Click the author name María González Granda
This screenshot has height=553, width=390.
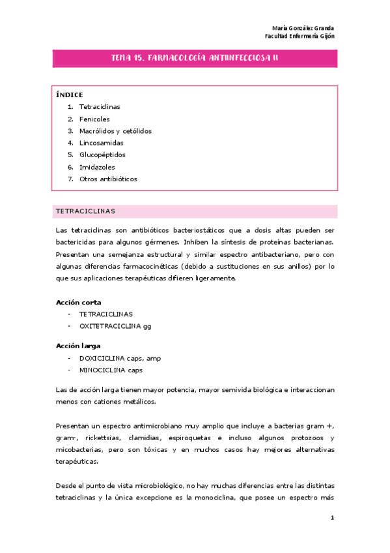[x=303, y=28]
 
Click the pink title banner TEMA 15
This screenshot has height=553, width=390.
[x=195, y=59]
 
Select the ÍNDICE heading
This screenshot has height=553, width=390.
[x=70, y=95]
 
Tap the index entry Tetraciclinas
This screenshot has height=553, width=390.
[x=100, y=106]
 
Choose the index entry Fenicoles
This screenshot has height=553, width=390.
[x=94, y=119]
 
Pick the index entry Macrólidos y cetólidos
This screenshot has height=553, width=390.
[x=115, y=130]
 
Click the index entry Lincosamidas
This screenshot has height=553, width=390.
[x=101, y=143]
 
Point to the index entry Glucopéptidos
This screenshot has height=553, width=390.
[x=102, y=155]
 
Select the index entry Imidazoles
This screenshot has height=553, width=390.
[x=97, y=167]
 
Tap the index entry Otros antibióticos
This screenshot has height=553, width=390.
[x=108, y=179]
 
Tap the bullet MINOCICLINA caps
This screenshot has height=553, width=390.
[x=111, y=370]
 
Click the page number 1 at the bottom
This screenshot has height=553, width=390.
[x=332, y=517]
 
